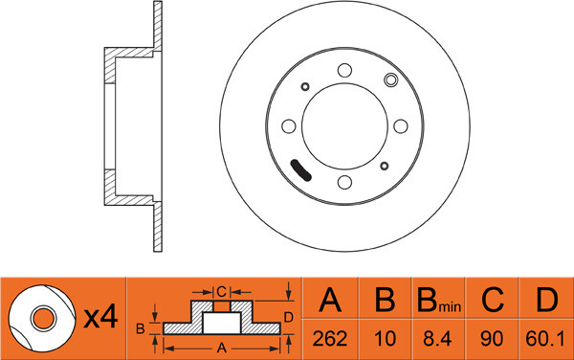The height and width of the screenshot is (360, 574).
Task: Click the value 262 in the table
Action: [x=330, y=338]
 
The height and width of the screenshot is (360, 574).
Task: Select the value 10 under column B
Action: [x=385, y=338]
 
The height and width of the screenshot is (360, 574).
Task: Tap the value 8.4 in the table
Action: [x=437, y=338]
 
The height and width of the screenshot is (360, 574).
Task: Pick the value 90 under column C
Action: [x=492, y=338]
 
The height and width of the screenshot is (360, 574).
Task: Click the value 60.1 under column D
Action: [x=545, y=338]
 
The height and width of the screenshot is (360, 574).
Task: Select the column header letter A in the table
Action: [x=330, y=300]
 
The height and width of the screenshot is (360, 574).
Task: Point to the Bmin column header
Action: [x=439, y=301]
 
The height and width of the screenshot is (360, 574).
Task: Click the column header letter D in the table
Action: [x=546, y=300]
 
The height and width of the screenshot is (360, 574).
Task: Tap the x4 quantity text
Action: [x=100, y=317]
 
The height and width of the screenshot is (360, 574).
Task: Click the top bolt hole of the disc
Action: [x=344, y=70]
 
